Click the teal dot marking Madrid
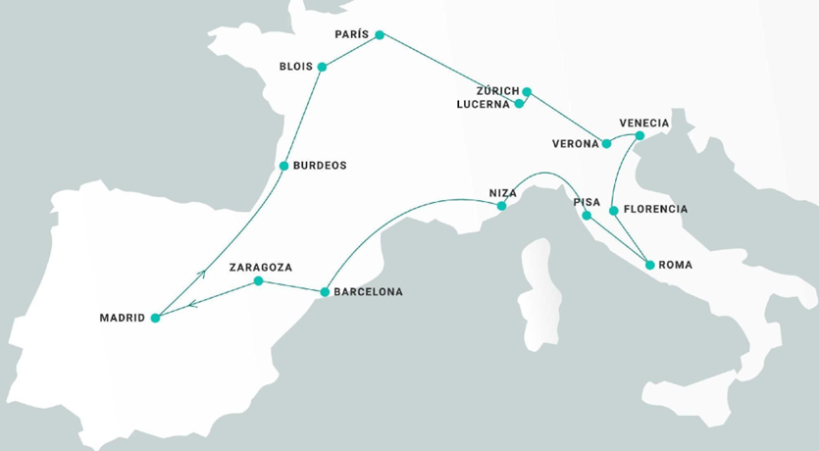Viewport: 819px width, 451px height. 155,318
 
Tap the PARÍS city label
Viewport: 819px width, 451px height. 351,34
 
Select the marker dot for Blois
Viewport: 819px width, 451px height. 322,67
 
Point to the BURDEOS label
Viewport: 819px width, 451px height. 322,166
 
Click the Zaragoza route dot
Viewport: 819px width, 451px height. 258,281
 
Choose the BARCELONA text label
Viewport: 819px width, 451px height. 368,292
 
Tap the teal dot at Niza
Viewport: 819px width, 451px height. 501,207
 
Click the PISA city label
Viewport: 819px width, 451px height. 587,202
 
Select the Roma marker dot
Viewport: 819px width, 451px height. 648,265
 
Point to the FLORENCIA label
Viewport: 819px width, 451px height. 655,210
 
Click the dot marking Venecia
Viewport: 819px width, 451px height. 639,135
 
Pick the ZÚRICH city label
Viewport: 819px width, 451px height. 497,91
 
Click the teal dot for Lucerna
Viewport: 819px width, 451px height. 520,104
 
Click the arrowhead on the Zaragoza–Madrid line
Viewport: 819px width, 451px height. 191,303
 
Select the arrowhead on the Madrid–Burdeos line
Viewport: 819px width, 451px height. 201,274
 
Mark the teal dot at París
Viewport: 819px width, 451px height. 381,35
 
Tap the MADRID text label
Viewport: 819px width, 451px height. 123,318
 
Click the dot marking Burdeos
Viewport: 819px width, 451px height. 283,166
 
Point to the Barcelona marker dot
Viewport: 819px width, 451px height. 324,292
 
